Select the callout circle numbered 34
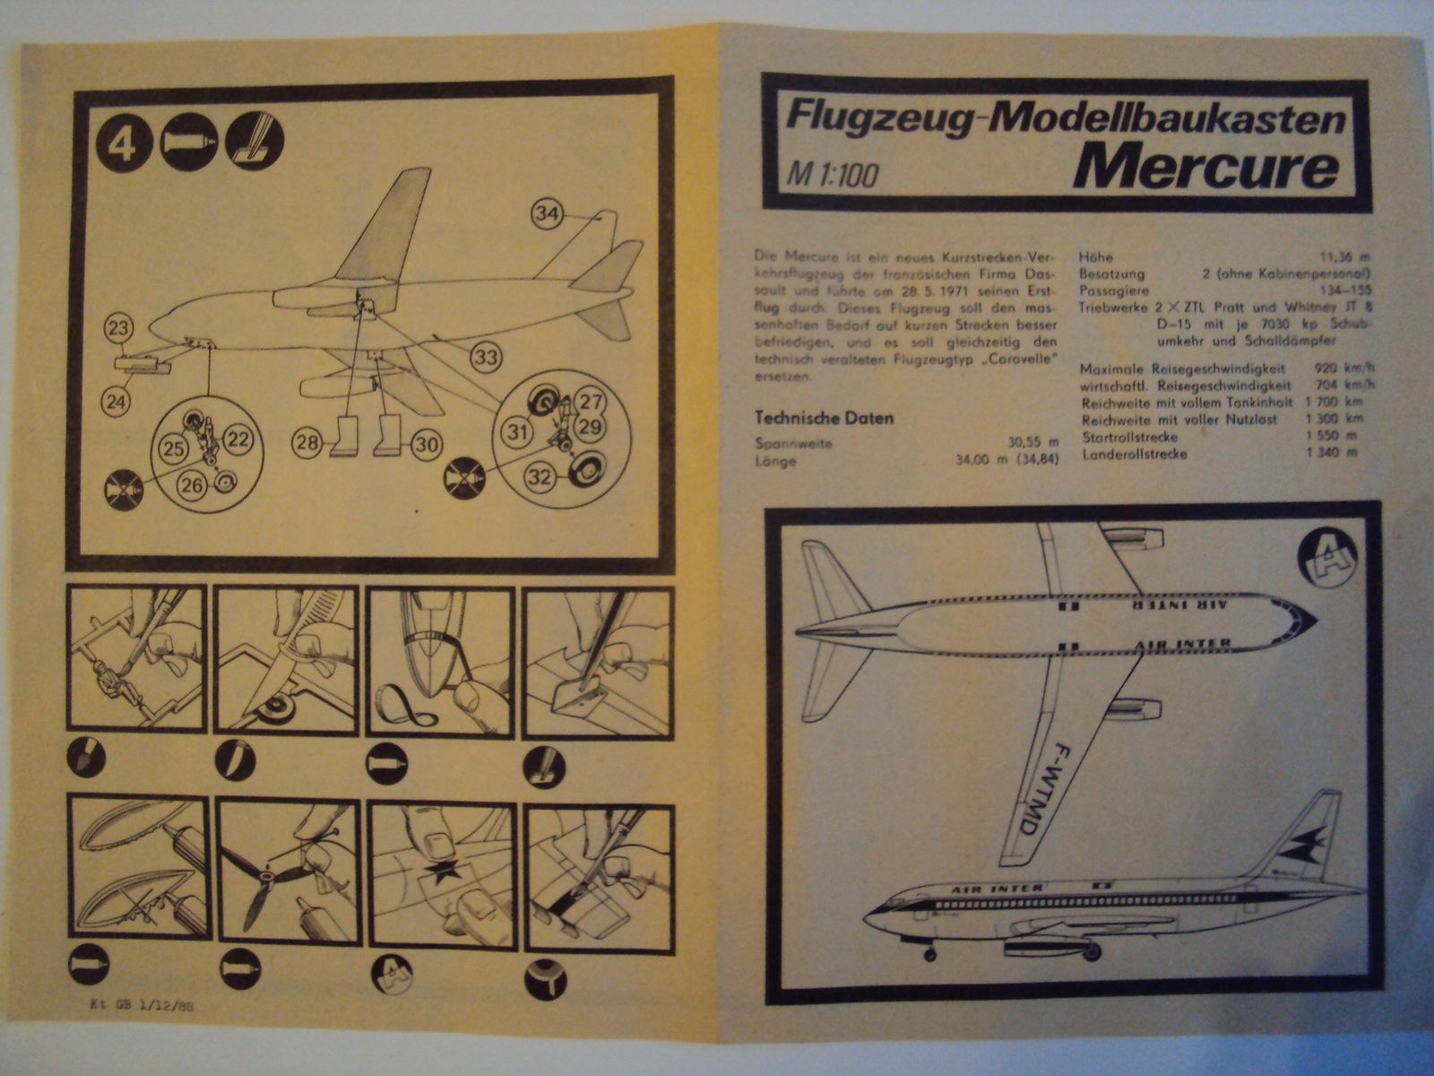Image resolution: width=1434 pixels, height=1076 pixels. (549, 213)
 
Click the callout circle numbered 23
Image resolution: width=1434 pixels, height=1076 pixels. (119, 328)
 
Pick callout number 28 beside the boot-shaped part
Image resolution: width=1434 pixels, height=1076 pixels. (307, 442)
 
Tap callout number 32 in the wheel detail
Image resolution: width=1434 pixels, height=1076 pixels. (540, 476)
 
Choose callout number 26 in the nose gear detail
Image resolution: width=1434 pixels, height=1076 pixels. (192, 485)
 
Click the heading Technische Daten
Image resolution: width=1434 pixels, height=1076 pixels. (824, 418)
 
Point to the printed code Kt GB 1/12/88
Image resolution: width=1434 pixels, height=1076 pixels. (135, 1005)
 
